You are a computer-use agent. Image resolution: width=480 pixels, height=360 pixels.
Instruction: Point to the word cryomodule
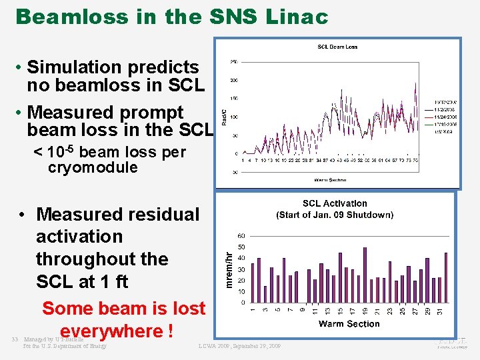coord(93,168)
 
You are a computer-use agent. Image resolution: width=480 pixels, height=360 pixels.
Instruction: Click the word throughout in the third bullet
coord(102,259)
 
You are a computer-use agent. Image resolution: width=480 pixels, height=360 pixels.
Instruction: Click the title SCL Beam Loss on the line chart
coord(337,47)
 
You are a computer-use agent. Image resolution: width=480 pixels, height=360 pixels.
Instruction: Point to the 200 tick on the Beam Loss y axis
coord(235,80)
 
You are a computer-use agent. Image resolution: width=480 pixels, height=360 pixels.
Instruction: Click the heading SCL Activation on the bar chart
coord(335,204)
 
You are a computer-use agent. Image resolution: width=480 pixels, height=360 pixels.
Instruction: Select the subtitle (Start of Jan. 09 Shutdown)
coord(335,215)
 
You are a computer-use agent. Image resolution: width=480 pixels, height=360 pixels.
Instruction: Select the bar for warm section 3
coord(265,294)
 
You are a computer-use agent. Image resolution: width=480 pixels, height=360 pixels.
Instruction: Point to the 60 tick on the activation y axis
coord(241,236)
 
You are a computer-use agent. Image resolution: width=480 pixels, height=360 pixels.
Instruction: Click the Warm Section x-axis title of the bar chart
coord(349,325)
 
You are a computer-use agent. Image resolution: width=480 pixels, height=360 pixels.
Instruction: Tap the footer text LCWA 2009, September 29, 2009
coord(239,346)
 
